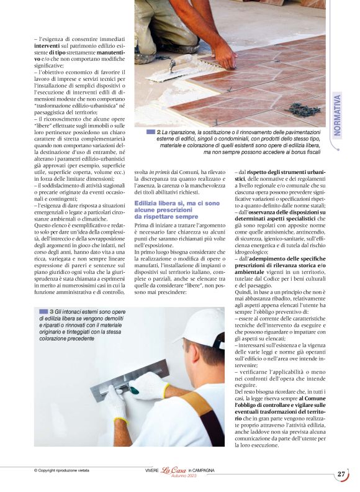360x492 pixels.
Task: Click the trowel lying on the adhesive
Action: (x=174, y=63)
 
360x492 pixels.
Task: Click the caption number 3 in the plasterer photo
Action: (x=52, y=311)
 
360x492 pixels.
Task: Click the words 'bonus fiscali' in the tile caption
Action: (x=302, y=151)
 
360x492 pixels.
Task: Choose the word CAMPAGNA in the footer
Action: (x=203, y=470)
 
